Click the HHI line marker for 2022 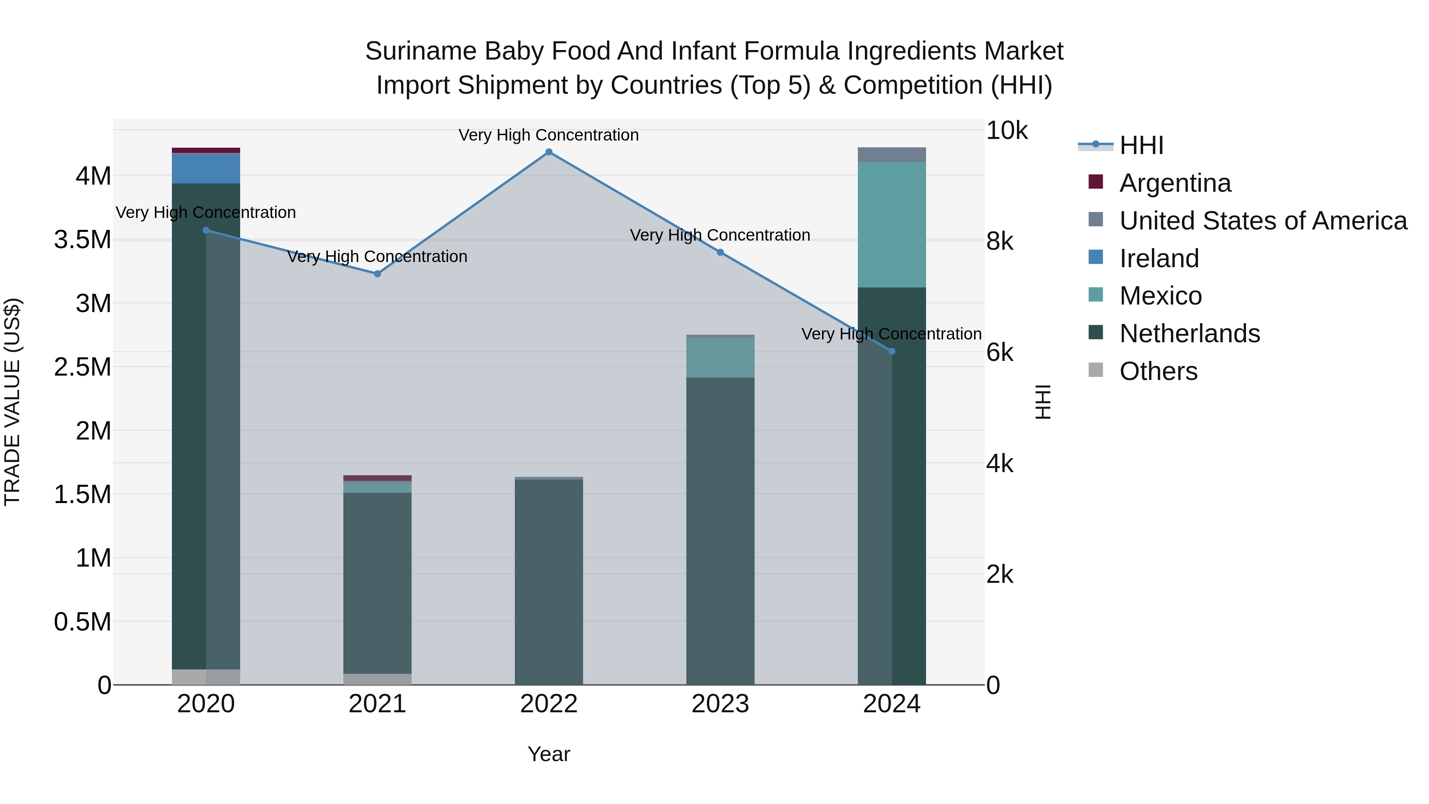[549, 152]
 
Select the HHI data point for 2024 [892, 351]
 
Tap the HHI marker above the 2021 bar [377, 274]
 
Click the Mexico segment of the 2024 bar [892, 225]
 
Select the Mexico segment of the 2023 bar [720, 357]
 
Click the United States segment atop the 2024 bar [892, 155]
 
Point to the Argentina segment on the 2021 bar [377, 478]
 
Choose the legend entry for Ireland [1158, 258]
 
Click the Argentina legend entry [1175, 183]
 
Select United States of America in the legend [1263, 221]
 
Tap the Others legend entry [1158, 371]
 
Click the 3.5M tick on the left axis [83, 240]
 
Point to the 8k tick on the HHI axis [1000, 242]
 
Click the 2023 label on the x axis [720, 704]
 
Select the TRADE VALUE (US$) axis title [12, 402]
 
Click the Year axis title [549, 754]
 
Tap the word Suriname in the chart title [420, 51]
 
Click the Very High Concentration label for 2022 [549, 135]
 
